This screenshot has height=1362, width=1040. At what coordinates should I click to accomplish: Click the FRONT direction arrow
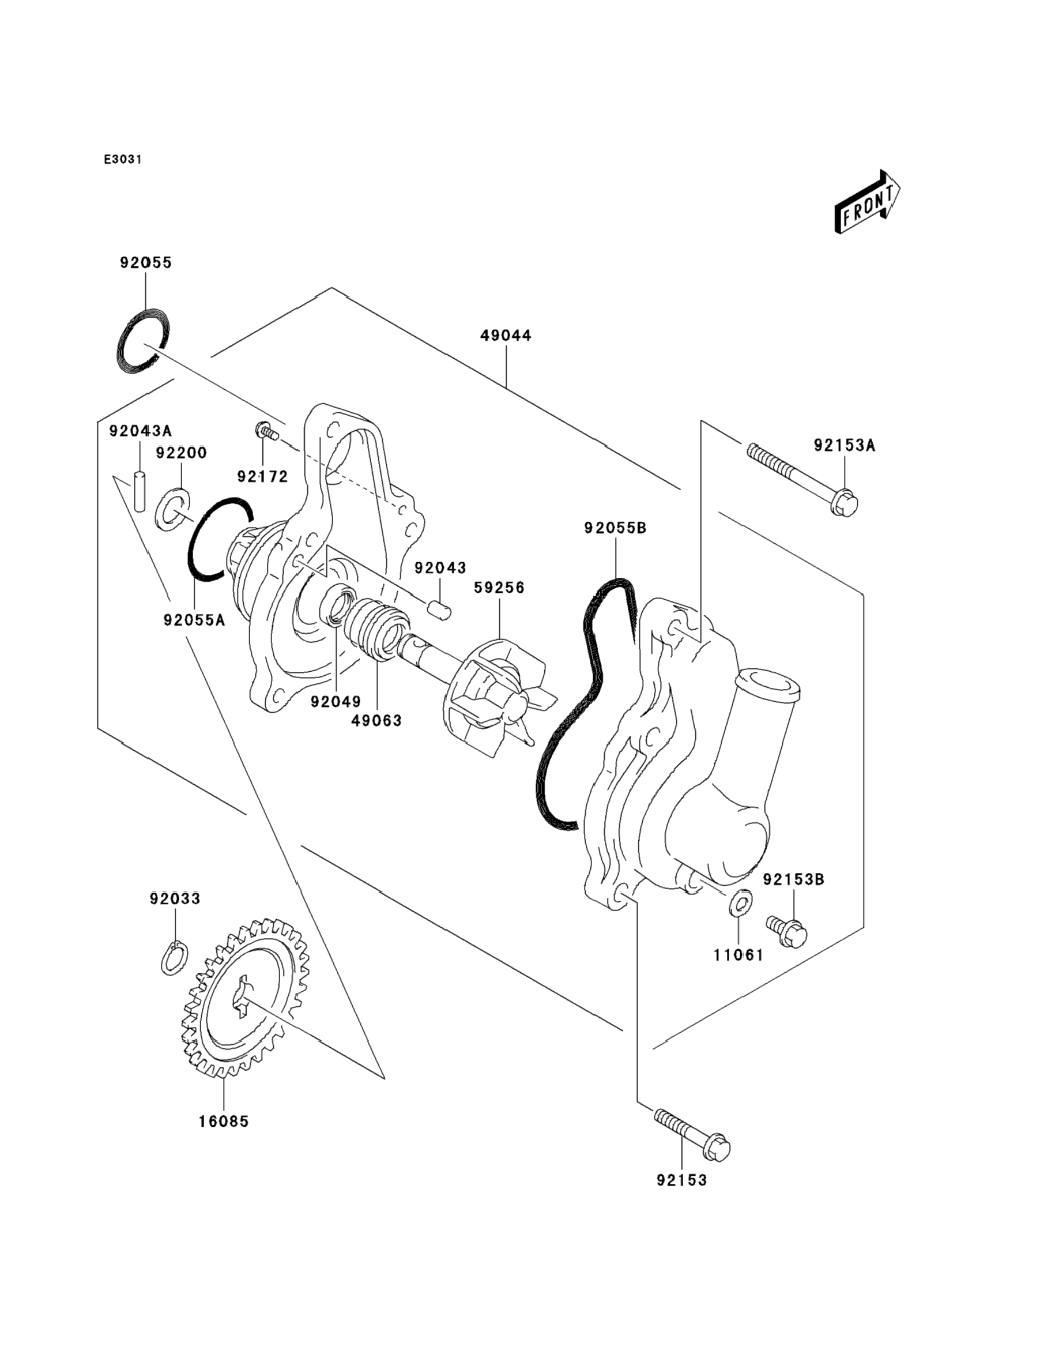click(x=866, y=202)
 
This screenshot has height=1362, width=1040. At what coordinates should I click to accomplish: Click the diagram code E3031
click(x=123, y=160)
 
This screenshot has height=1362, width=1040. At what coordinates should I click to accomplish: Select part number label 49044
click(x=506, y=336)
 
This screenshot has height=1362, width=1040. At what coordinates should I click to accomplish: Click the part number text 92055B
click(x=615, y=528)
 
